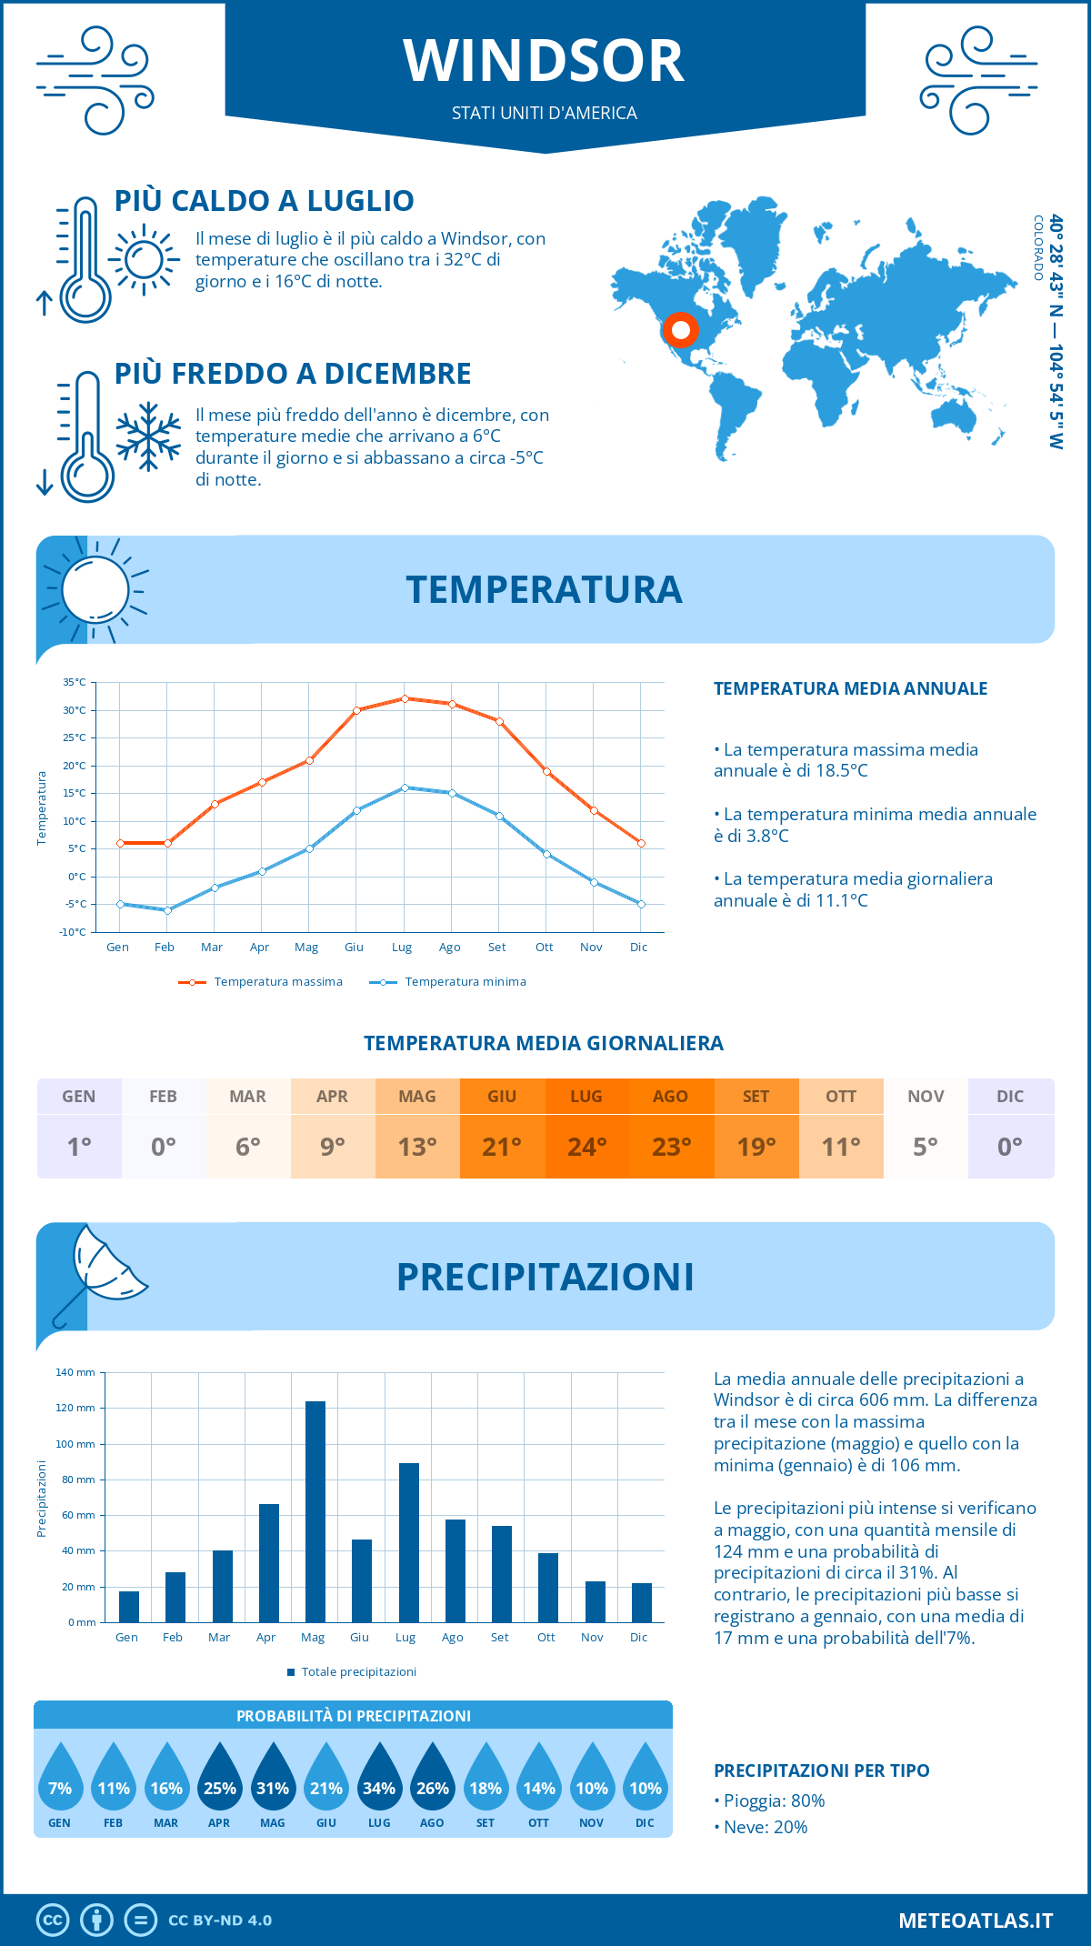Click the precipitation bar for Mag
point(315,1511)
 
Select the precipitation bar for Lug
point(408,1542)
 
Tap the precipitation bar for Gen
point(129,1607)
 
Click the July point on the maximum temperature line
point(405,698)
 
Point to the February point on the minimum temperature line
point(167,910)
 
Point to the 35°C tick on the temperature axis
point(75,682)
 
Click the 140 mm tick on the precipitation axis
point(75,1372)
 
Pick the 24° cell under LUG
point(586,1147)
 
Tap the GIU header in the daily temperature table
point(502,1097)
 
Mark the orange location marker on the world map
point(680,329)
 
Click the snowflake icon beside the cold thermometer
point(148,436)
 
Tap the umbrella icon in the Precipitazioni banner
point(100,1271)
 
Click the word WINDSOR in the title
point(544,62)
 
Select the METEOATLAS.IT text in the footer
point(975,1921)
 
